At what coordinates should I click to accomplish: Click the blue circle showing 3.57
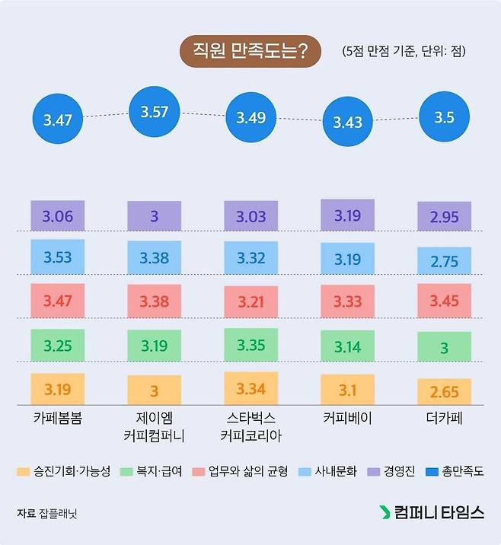pos(154,112)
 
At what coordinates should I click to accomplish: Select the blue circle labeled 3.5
pos(444,117)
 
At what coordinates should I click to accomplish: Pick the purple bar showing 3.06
pos(58,216)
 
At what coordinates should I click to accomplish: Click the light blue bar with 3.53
pos(58,257)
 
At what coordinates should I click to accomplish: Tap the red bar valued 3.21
pos(250,301)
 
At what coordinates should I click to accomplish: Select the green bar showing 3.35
pos(250,345)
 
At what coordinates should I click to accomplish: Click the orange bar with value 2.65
pos(444,391)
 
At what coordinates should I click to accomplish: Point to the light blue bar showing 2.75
pos(444,260)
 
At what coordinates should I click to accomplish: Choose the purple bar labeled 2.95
pos(444,217)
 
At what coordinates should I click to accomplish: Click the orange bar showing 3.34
pos(250,389)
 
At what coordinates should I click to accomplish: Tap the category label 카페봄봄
pos(58,419)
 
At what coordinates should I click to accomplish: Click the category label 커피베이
pos(347,419)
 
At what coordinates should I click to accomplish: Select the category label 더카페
pos(444,419)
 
